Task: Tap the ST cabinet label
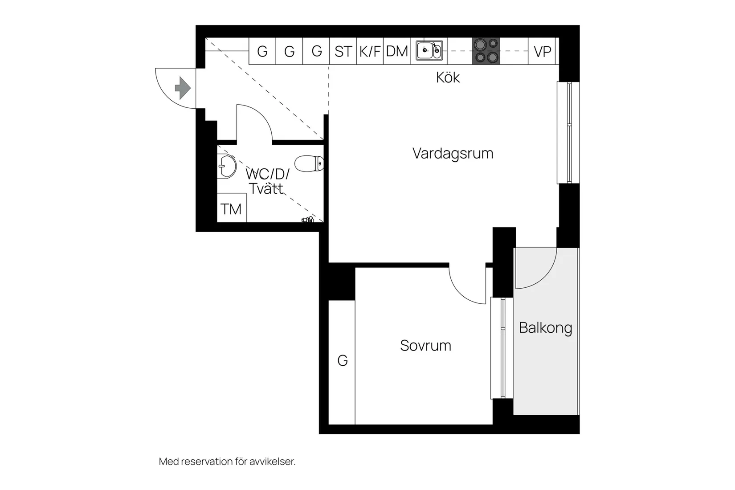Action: coord(343,52)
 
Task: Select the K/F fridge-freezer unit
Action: coord(370,52)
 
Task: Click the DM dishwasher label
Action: coord(397,52)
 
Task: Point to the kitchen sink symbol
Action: coord(429,50)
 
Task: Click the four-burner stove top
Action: coord(486,51)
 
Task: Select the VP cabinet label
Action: coord(542,52)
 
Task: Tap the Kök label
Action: coord(448,78)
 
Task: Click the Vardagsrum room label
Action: coord(453,153)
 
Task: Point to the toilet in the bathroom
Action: coord(309,163)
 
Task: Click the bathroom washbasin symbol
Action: coord(227,167)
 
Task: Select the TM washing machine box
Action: coord(231,208)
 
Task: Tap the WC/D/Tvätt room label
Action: coord(267,181)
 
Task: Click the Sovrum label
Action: coord(425,346)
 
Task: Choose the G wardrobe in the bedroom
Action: coord(342,361)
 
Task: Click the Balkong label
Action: coord(545,328)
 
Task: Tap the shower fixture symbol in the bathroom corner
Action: coord(308,220)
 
